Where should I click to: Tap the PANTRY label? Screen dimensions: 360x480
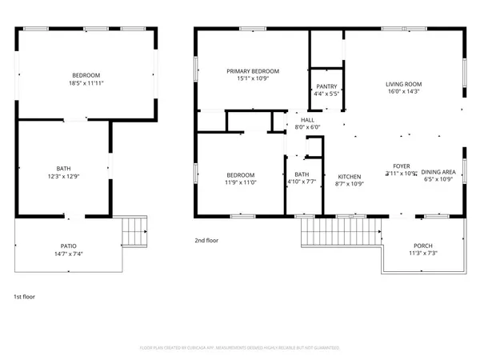326,86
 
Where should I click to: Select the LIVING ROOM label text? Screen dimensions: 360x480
403,83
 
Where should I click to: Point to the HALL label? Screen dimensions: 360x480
307,119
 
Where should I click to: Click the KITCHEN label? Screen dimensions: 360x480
350,176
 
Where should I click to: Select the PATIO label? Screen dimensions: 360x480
70,246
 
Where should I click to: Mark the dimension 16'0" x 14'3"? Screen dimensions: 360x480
403,91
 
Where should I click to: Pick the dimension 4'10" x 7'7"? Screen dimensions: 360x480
302,182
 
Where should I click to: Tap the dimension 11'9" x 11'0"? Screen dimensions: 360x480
240,182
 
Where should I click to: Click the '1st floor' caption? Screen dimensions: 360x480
25,296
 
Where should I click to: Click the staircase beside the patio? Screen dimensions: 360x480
134,233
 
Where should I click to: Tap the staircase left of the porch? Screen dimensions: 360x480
341,234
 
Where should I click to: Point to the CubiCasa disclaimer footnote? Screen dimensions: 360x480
239,348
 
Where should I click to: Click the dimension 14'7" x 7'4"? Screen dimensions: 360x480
70,254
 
